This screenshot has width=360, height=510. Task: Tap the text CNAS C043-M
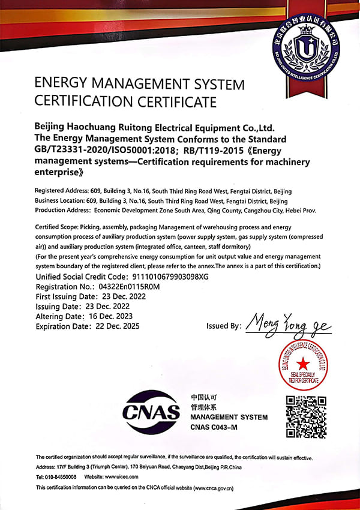(214, 427)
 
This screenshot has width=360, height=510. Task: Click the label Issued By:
(224, 326)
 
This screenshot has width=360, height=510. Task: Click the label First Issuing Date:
(67, 296)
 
